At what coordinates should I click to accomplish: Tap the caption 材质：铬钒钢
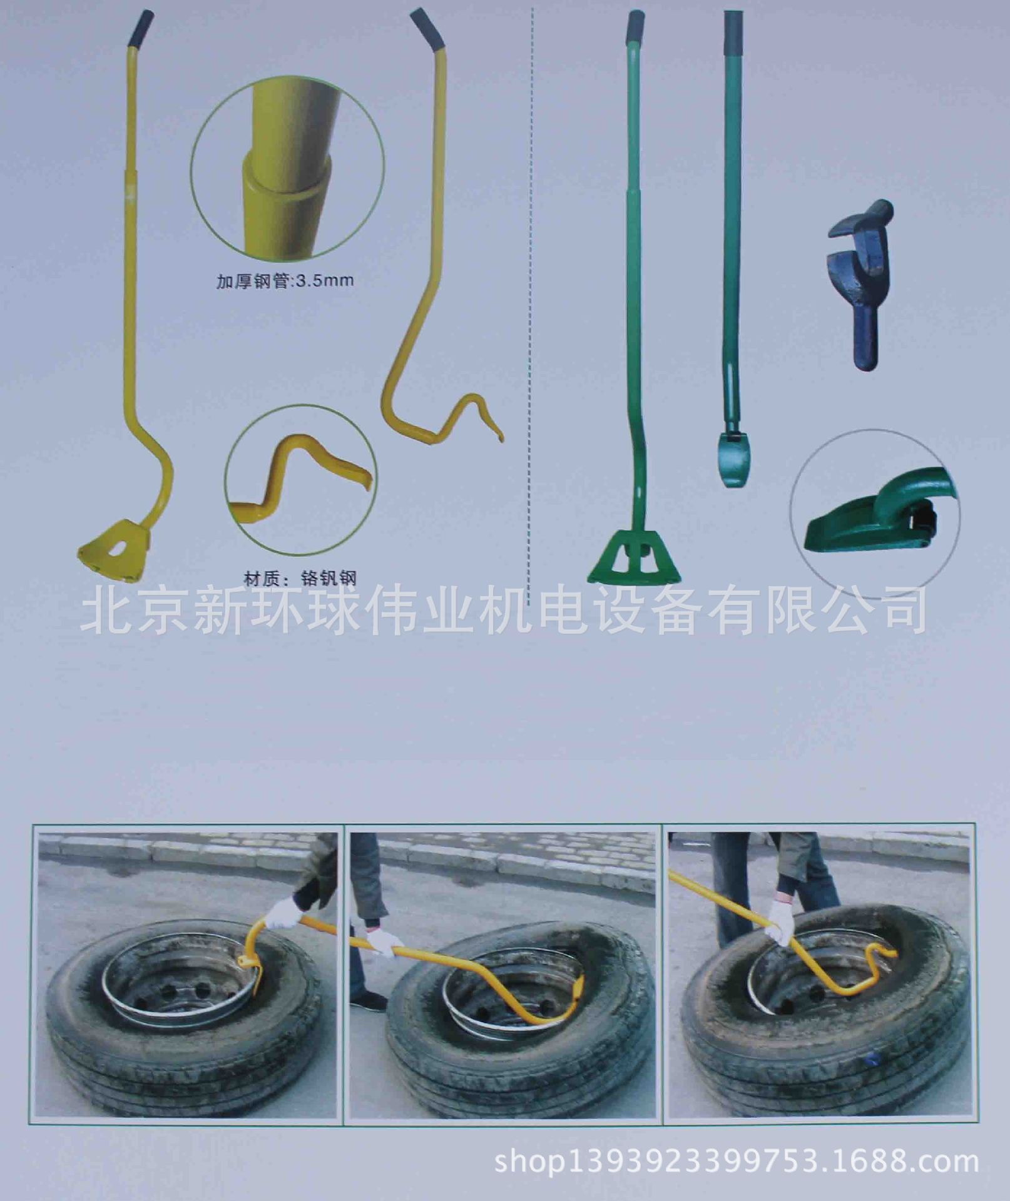tap(300, 577)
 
